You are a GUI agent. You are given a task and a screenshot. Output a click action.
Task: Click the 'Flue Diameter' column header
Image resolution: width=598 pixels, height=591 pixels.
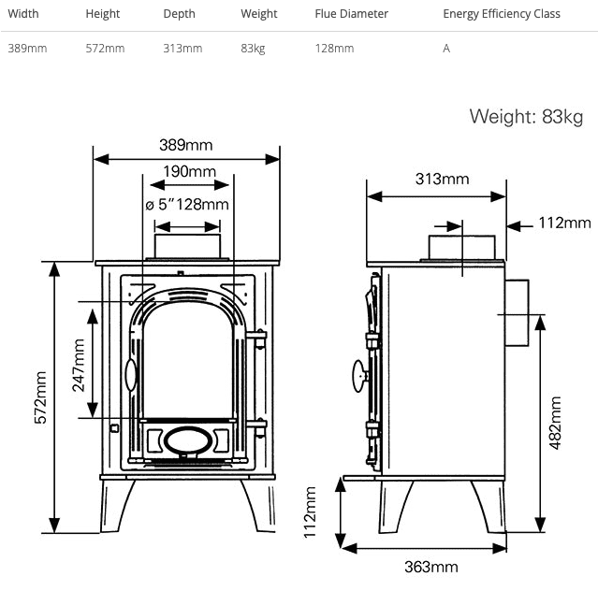[x=351, y=14]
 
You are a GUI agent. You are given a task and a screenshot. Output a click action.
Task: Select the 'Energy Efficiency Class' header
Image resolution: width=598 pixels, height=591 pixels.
[x=502, y=14]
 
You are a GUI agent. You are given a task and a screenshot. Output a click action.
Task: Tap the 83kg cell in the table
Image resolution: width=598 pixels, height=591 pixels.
[x=253, y=49]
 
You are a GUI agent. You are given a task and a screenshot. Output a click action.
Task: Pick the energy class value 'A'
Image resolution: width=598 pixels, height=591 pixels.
[x=446, y=49]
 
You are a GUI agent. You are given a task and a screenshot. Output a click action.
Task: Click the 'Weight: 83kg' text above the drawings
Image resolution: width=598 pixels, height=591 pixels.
[x=525, y=117]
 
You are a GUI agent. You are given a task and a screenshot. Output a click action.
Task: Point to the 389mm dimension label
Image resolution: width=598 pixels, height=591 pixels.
[x=185, y=145]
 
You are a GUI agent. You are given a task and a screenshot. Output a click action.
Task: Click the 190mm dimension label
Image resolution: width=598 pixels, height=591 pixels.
[x=189, y=171]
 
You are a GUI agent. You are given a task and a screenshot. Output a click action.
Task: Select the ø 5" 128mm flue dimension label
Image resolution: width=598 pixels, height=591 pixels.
[x=187, y=205]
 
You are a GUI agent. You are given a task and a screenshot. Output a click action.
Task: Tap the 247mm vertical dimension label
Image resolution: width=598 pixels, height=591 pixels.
[x=78, y=365]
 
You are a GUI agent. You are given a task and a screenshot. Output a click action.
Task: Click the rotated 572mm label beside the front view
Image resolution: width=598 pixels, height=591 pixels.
[x=40, y=398]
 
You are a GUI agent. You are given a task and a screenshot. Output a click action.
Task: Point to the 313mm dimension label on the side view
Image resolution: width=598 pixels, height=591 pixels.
[x=442, y=179]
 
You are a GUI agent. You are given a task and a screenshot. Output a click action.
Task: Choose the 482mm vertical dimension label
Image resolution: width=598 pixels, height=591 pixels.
[x=555, y=424]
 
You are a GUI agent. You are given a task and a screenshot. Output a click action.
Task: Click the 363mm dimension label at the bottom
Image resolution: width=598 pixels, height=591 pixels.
[x=430, y=567]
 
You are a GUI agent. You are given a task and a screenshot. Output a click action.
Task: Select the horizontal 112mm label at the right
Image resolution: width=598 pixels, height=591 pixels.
[x=565, y=223]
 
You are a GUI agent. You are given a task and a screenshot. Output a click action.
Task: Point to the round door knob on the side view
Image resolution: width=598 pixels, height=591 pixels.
[x=357, y=375]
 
